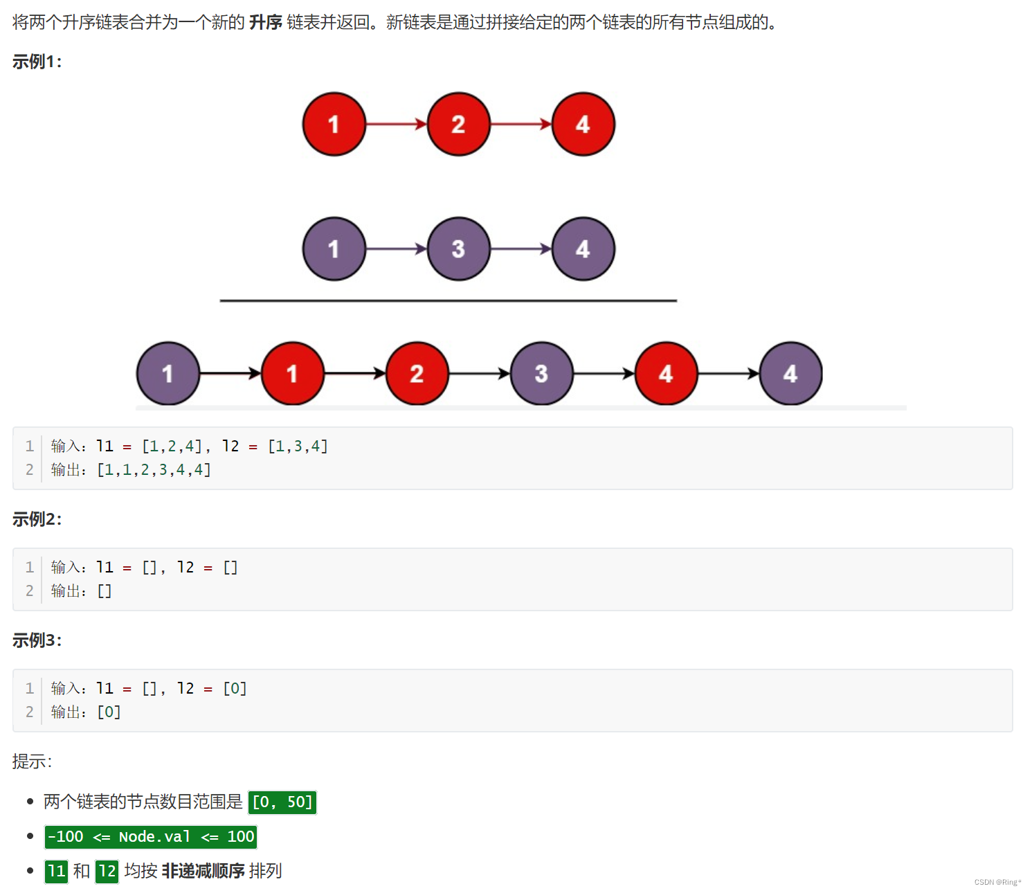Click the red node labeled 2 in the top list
pyautogui.click(x=458, y=125)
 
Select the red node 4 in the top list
pyautogui.click(x=583, y=125)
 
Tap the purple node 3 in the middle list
pyautogui.click(x=458, y=249)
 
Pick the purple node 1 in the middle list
pyautogui.click(x=334, y=249)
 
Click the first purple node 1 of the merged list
pyautogui.click(x=168, y=374)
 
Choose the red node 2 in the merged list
pyautogui.click(x=417, y=374)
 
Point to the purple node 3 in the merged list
pyautogui.click(x=541, y=374)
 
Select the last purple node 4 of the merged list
pyautogui.click(x=790, y=374)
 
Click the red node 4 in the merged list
pyautogui.click(x=666, y=374)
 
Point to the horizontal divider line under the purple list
pyautogui.click(x=448, y=301)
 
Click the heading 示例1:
pyautogui.click(x=37, y=62)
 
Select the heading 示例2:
pyautogui.click(x=37, y=519)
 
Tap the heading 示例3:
pyautogui.click(x=37, y=640)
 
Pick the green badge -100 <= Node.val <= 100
pyautogui.click(x=151, y=837)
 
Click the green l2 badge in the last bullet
pyautogui.click(x=107, y=871)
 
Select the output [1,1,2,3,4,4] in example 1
pyautogui.click(x=154, y=470)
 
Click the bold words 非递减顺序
pyautogui.click(x=203, y=871)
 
